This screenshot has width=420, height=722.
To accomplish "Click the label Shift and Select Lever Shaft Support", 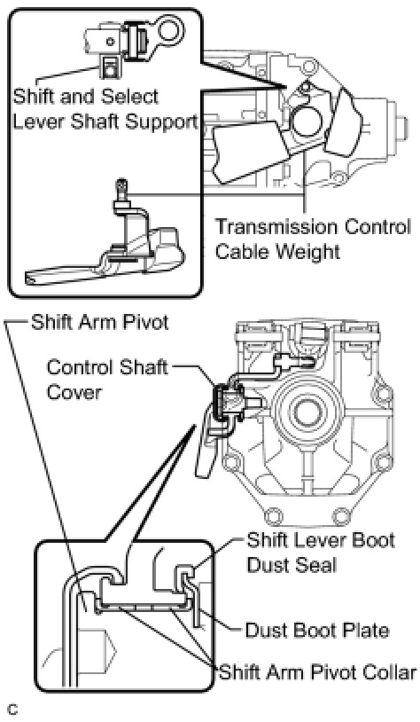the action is point(105,109).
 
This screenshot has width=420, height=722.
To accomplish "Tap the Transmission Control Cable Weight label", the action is point(313,239).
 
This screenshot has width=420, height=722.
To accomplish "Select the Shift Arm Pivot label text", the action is point(100,322).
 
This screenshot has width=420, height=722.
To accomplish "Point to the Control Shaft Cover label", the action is point(107,380).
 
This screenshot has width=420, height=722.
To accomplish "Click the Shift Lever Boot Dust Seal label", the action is point(321,552).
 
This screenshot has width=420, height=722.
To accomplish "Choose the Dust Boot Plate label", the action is point(317,630).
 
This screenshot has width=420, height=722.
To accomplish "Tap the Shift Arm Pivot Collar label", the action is point(318,671).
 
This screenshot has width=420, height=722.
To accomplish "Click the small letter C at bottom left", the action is point(13,710).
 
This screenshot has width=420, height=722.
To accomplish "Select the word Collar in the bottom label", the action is point(390,671).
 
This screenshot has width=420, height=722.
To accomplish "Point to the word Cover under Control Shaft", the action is point(74,392).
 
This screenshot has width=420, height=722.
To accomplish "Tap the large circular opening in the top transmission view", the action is point(307,119).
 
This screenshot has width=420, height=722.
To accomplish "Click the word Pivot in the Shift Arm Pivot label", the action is point(145,322).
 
